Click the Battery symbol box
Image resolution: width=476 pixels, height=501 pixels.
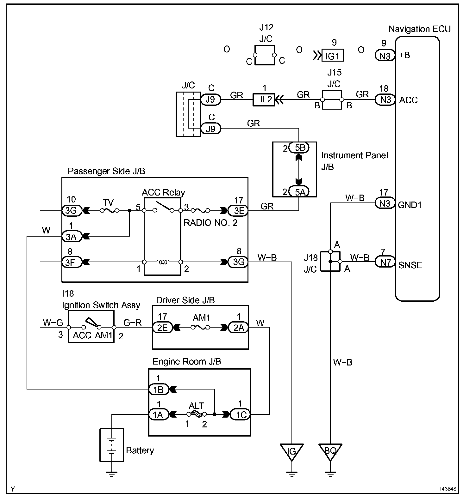[111, 445]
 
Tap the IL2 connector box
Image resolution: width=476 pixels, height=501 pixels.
[264, 100]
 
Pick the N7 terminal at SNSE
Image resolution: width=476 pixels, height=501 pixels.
[385, 262]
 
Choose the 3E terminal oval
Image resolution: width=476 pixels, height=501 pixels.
[238, 210]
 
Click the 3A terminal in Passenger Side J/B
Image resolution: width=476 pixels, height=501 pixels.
[72, 236]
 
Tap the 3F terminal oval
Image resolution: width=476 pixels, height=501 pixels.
[72, 262]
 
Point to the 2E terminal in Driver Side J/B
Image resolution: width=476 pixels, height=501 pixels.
[162, 328]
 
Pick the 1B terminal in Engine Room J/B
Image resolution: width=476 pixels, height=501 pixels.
[159, 389]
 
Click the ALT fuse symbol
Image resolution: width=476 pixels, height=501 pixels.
[197, 414]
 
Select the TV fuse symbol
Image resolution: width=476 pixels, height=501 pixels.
[110, 210]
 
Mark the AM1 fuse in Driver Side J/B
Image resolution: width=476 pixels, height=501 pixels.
[200, 328]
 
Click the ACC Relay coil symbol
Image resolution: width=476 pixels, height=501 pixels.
[163, 262]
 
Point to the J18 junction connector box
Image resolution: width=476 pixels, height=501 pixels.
[330, 261]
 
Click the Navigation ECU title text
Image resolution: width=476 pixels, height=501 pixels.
[419, 29]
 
